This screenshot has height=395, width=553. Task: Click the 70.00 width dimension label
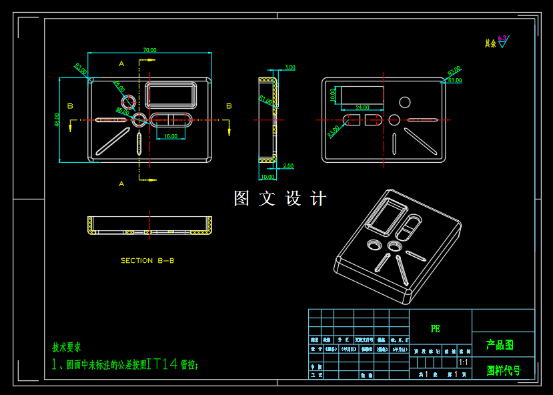pos(149,50)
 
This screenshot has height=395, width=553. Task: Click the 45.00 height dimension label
pos(57,120)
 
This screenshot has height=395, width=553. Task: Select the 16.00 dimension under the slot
pos(171,136)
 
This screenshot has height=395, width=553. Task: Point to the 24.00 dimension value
pos(362,107)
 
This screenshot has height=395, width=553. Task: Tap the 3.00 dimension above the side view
pos(290,67)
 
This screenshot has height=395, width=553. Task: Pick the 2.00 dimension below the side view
pos(288,166)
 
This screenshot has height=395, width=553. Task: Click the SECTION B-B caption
pos(147,261)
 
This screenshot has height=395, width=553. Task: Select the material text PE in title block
pos(435,329)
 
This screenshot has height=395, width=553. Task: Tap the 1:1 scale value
pos(464,362)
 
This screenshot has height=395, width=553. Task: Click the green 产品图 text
pos(500,345)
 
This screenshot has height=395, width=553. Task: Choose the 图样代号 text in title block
pos(504,370)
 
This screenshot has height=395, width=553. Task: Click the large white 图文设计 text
pos(280,199)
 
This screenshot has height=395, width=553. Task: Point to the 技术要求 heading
pos(67,348)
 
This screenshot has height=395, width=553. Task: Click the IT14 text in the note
pos(163,364)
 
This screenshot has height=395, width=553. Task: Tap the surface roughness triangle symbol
pos(502,44)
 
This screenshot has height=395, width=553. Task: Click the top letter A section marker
pos(121,63)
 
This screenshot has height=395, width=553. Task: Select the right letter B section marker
pos(229,106)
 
